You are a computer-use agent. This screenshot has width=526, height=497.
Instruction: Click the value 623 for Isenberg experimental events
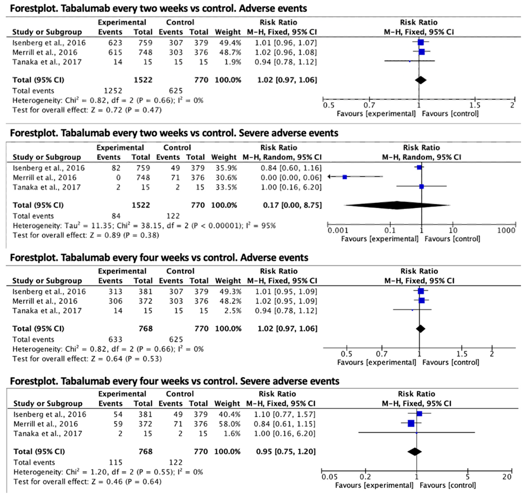pyautogui.click(x=115, y=43)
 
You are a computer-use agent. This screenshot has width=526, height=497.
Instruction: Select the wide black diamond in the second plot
pyautogui.click(x=397, y=205)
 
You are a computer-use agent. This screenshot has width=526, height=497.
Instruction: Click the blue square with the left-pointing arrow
pyautogui.click(x=345, y=177)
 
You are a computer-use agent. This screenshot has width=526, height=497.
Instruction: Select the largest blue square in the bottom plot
pyautogui.click(x=411, y=423)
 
